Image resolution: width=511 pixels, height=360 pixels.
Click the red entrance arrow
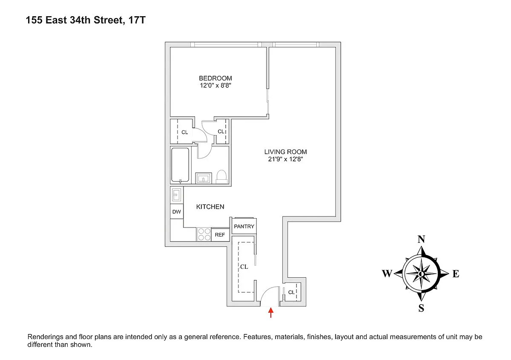[x=270, y=314]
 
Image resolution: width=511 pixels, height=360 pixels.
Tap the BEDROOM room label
[x=215, y=78]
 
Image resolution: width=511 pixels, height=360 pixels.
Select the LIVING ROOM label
[x=285, y=152]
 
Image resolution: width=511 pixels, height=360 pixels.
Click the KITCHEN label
[x=210, y=207]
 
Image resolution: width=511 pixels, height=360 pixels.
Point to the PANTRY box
[x=244, y=227]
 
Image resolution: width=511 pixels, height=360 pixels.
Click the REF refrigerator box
[x=220, y=235]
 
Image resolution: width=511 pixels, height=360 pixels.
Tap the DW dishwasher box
[x=176, y=212]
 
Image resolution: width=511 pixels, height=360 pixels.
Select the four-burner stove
[x=204, y=235]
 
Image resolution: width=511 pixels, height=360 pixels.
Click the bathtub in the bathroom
[x=180, y=165]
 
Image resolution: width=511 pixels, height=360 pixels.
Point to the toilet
[x=221, y=176]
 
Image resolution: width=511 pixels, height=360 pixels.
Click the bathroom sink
[x=204, y=178]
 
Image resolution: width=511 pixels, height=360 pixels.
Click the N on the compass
[x=421, y=239]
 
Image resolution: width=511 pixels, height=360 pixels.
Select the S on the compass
[x=421, y=309]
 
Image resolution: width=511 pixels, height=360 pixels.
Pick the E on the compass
[x=455, y=274]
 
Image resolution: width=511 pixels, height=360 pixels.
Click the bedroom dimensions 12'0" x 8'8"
[x=215, y=86]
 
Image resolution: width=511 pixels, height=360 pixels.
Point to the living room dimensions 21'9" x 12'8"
[x=285, y=159]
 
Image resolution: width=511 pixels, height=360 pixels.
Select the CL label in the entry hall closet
[x=244, y=267]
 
